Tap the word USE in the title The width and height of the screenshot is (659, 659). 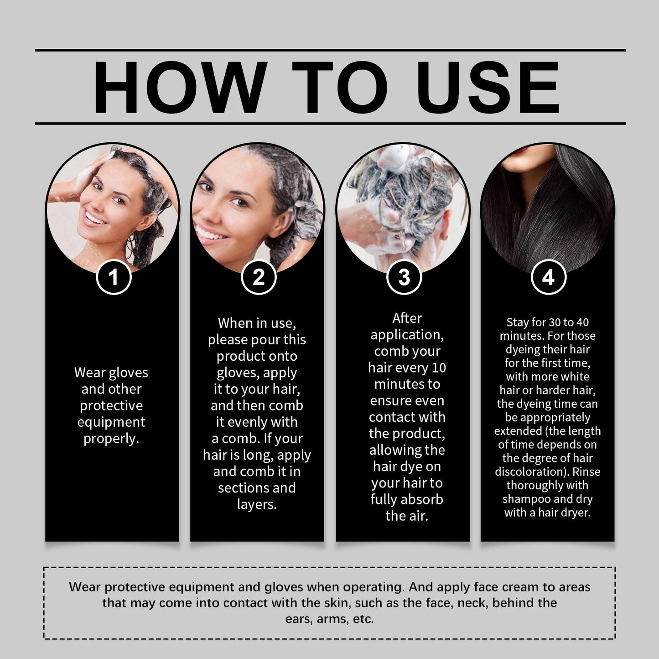488,87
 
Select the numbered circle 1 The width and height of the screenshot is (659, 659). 114,277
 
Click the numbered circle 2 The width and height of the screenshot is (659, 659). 259,277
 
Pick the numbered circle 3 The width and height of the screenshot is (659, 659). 404,277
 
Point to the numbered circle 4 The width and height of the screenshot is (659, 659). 548,277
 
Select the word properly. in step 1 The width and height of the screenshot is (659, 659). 111,439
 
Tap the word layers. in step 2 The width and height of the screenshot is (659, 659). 257,504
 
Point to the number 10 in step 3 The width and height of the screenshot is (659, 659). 438,368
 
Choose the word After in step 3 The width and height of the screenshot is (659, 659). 407,318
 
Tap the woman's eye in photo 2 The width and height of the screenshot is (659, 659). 238,201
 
